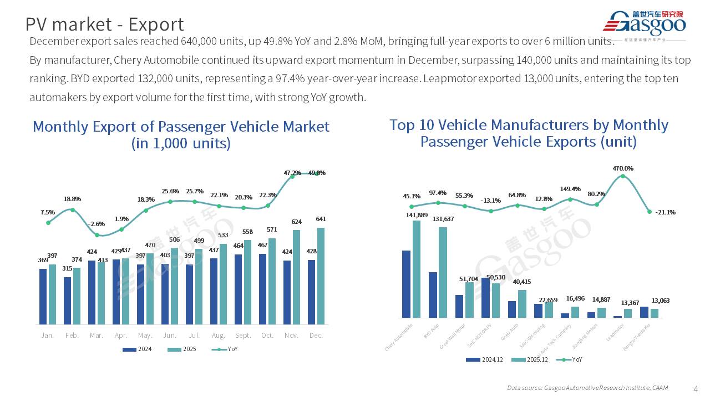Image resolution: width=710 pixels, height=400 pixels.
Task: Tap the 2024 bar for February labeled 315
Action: coord(67,301)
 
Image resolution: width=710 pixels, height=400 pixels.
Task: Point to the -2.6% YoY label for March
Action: coord(96,223)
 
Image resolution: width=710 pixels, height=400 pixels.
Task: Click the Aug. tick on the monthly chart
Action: coord(218,336)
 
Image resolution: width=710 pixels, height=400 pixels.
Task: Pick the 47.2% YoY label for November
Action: coord(292,173)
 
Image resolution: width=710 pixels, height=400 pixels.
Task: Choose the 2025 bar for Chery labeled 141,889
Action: coord(416,269)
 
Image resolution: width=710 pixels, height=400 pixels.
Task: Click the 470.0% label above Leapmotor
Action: coord(622,168)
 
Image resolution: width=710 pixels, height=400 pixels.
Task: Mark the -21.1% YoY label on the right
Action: coord(665,212)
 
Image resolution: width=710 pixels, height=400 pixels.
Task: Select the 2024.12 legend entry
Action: coord(485,359)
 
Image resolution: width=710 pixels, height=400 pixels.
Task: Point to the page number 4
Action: coord(696,388)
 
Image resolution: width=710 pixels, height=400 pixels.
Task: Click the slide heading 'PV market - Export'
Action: coord(105,24)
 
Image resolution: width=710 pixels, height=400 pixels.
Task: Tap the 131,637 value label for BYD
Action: coord(442,219)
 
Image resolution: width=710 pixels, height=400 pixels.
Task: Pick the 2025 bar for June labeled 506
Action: coord(175,286)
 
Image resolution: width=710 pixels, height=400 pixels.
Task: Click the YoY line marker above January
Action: coord(48,223)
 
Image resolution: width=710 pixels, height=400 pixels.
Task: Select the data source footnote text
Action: coord(587,388)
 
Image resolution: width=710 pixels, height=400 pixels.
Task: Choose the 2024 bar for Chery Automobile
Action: coord(407,284)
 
